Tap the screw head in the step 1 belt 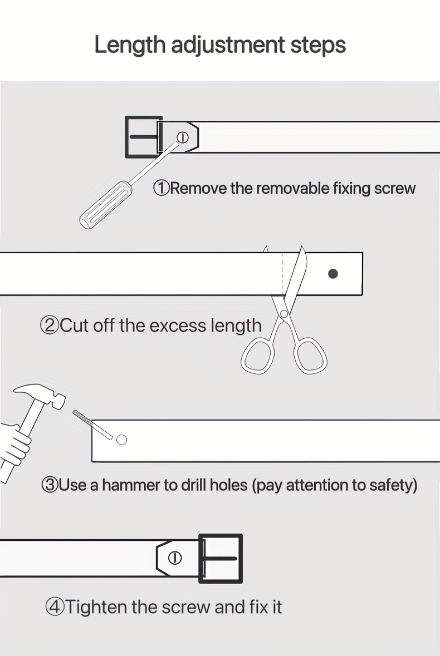tap(183, 137)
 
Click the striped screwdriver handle tap(105, 205)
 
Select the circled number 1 tap(161, 188)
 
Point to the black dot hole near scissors tap(333, 274)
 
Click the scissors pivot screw tap(284, 313)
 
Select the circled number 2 tap(49, 325)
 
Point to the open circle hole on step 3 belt tap(121, 440)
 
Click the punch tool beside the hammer tap(92, 425)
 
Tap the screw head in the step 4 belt tap(174, 558)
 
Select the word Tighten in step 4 tap(97, 607)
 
